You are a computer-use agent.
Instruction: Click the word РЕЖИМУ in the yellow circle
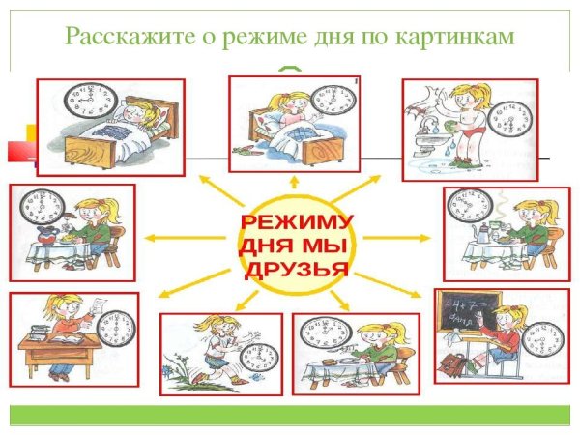tap(296, 223)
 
